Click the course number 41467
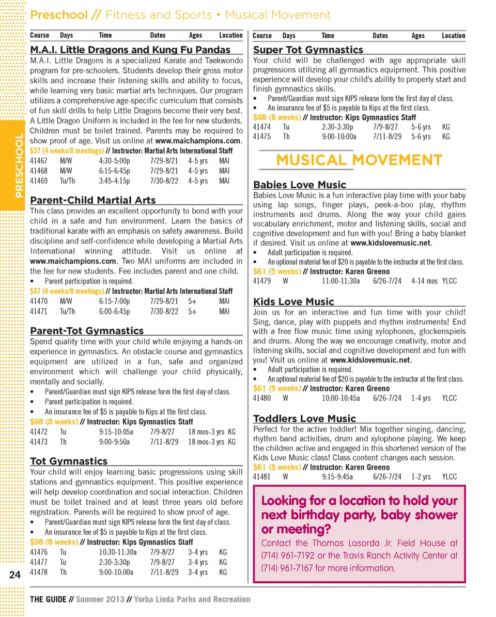(39, 161)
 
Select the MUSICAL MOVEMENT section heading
(359, 160)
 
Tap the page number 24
(15, 575)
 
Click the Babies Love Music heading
(300, 185)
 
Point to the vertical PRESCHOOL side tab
(19, 165)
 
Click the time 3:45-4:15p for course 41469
(114, 180)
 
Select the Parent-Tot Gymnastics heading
(87, 331)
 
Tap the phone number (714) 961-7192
(284, 555)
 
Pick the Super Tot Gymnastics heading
(308, 50)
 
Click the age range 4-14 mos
(424, 281)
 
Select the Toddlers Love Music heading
(304, 419)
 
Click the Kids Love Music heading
(293, 302)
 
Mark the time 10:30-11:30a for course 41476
(117, 552)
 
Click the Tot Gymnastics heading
(69, 461)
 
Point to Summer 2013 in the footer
(100, 599)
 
